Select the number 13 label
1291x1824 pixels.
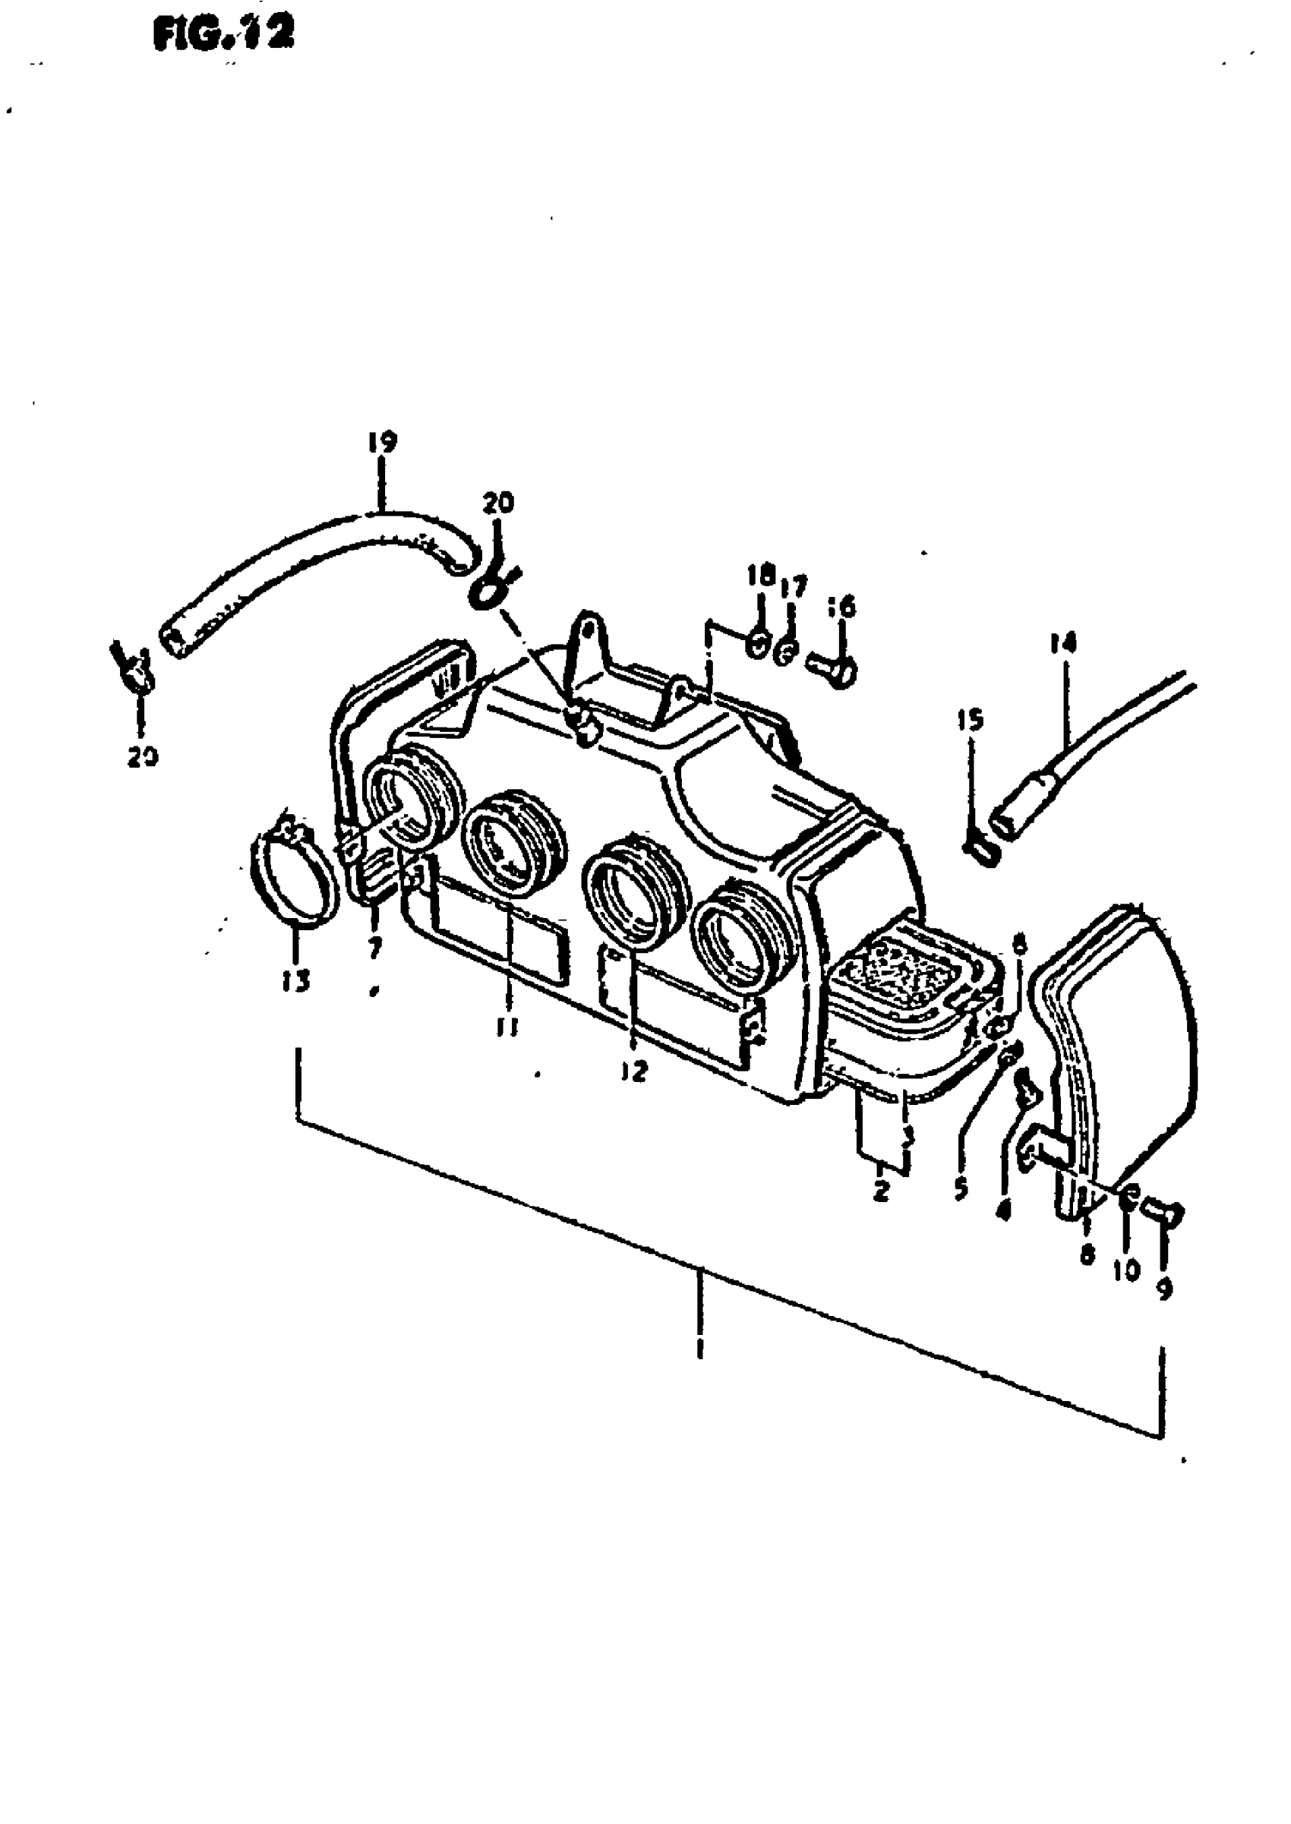[x=295, y=983]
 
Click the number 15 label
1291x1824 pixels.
[x=970, y=720]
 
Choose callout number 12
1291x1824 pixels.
[x=635, y=1072]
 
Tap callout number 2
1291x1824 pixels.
[x=880, y=1192]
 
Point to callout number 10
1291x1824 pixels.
[x=1125, y=1271]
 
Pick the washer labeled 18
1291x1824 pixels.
[x=758, y=645]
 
